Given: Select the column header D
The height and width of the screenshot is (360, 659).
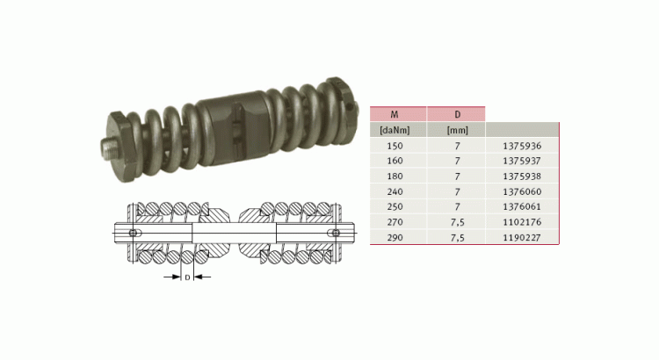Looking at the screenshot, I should pyautogui.click(x=455, y=113).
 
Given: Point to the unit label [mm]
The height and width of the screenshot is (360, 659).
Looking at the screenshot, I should pyautogui.click(x=455, y=130).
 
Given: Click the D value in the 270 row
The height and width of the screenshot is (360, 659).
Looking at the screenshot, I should pyautogui.click(x=455, y=222).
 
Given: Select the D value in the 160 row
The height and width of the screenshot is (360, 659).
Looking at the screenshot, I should pyautogui.click(x=455, y=161).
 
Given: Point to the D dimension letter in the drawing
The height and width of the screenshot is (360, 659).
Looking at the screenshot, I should pyautogui.click(x=186, y=277).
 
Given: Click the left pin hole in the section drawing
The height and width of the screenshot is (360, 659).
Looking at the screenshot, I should pyautogui.click(x=133, y=233).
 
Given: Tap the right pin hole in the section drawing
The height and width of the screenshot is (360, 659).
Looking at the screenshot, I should pyautogui.click(x=335, y=233).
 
